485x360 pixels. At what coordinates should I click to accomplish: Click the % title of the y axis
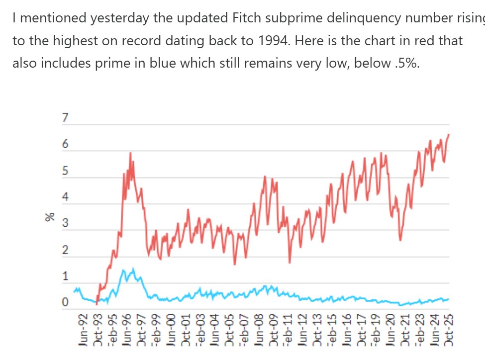[x=50, y=217]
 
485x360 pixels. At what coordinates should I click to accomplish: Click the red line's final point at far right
[x=449, y=134]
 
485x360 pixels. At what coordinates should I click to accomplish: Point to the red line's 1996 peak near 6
[x=130, y=153]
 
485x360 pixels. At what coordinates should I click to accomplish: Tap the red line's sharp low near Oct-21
[x=400, y=240]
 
